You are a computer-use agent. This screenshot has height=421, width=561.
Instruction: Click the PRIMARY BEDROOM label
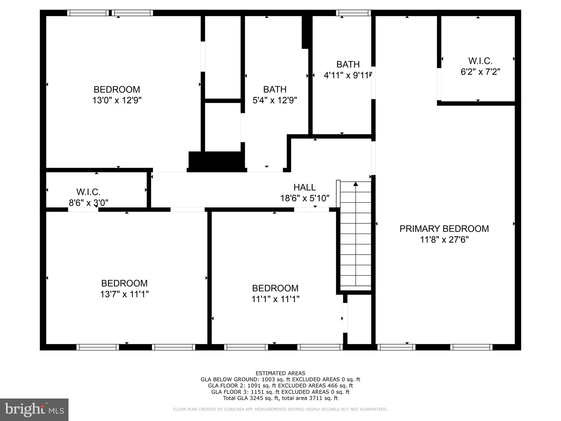pyautogui.click(x=444, y=229)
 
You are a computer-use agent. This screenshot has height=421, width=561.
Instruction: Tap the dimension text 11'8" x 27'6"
pyautogui.click(x=444, y=240)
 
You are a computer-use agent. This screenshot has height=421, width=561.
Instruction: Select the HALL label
pyautogui.click(x=304, y=187)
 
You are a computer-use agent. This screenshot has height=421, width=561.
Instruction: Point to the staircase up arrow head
pyautogui.click(x=356, y=184)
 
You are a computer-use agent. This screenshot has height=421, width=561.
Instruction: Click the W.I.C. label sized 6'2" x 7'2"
pyautogui.click(x=480, y=61)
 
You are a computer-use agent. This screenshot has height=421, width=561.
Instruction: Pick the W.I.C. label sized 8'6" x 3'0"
pyautogui.click(x=88, y=192)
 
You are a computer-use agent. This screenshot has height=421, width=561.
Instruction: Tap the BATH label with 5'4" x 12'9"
pyautogui.click(x=275, y=89)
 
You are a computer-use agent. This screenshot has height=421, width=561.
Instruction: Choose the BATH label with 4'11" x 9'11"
pyautogui.click(x=348, y=64)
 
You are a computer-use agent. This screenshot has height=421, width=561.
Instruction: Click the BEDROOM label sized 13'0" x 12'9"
pyautogui.click(x=117, y=90)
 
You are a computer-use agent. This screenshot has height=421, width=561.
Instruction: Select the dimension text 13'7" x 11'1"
pyautogui.click(x=124, y=294)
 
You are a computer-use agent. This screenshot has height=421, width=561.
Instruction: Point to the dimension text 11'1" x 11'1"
pyautogui.click(x=275, y=299)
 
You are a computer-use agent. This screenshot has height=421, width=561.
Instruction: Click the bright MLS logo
pyautogui.click(x=34, y=409)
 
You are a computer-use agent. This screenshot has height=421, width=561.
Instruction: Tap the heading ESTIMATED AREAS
pyautogui.click(x=280, y=373)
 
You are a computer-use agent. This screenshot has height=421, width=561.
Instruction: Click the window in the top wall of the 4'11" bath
pyautogui.click(x=353, y=13)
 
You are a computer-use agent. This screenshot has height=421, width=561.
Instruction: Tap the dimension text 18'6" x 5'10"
pyautogui.click(x=304, y=198)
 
